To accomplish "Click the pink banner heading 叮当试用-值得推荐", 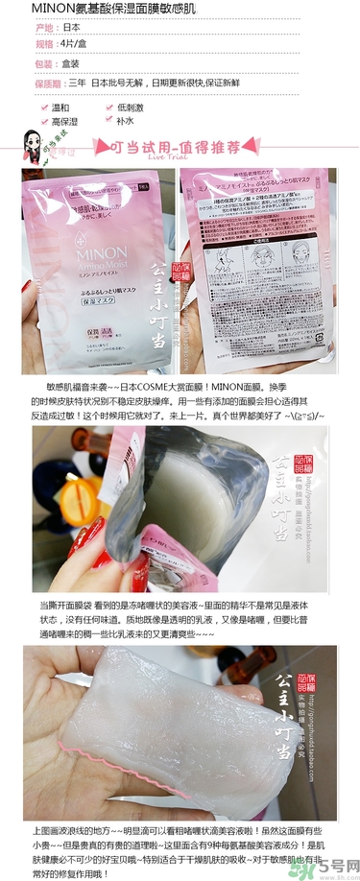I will (x=180, y=145).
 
